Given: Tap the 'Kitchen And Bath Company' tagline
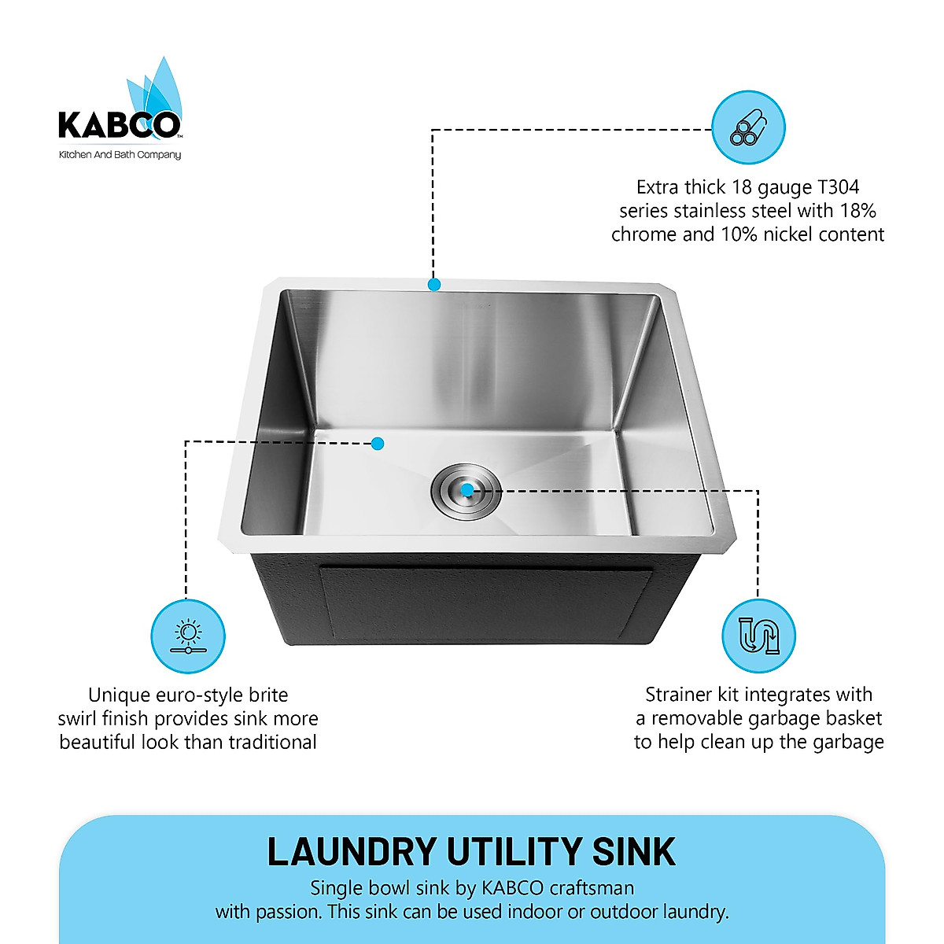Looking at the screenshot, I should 120,155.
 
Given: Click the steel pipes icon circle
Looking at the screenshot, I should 748,127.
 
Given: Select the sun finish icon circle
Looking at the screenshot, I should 188,636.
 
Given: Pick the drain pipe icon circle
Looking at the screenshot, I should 758,636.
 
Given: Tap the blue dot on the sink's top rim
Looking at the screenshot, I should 433,284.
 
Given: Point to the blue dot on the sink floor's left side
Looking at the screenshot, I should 378,444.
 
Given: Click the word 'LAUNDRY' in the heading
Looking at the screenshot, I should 352,852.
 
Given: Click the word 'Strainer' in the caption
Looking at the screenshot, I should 679,695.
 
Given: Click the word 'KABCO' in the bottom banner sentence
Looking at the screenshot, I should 512,888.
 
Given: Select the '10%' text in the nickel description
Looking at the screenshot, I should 742,234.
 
